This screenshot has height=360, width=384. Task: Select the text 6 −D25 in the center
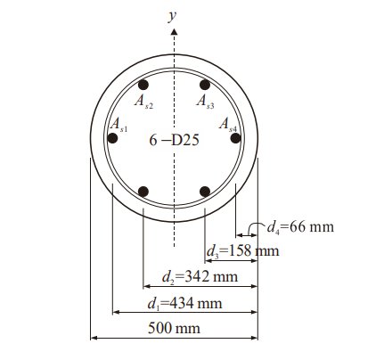pyautogui.click(x=174, y=140)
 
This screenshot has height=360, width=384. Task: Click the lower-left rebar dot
pyautogui.click(x=143, y=192)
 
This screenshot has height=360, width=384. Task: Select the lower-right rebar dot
pyautogui.click(x=205, y=192)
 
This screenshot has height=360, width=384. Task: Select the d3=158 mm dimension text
pyautogui.click(x=243, y=251)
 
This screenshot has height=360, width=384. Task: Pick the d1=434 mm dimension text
pyautogui.click(x=184, y=303)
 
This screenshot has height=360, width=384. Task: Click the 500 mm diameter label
pyautogui.click(x=175, y=328)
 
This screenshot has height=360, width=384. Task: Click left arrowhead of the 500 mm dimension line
pyautogui.click(x=94, y=339)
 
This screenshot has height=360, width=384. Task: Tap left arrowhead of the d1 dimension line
pyautogui.click(x=115, y=313)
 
